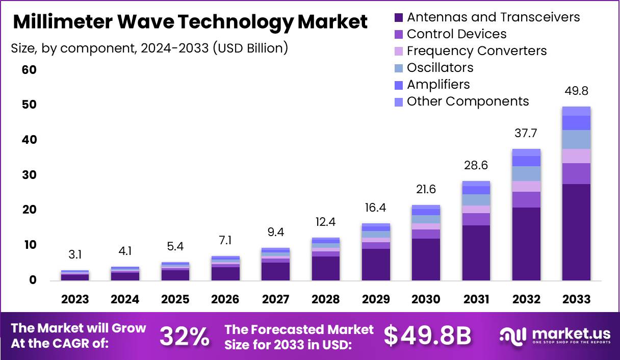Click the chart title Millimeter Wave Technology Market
pos(190,22)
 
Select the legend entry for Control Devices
pos(456,34)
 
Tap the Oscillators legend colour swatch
pos(399,68)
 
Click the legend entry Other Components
pos(468,101)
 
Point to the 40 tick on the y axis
pos(30,140)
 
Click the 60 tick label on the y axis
pos(30,70)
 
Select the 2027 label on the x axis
pos(276,299)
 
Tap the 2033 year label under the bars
pos(576,299)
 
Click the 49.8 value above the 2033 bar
pos(576,91)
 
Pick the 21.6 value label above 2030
pos(426,190)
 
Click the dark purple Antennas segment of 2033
pos(576,232)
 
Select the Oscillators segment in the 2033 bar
pos(576,139)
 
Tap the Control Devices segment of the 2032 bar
pos(526,199)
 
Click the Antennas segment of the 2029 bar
pos(376,264)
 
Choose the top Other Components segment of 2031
pos(476,184)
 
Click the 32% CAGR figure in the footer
pos(184,336)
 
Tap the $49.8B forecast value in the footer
pos(427,336)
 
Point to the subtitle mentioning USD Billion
pos(149,48)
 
